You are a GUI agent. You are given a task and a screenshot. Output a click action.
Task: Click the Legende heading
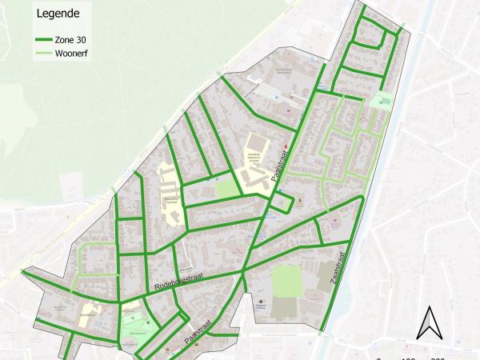pyautogui.click(x=58, y=14)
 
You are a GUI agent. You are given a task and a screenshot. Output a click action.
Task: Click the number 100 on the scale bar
pyautogui.click(x=408, y=358)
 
